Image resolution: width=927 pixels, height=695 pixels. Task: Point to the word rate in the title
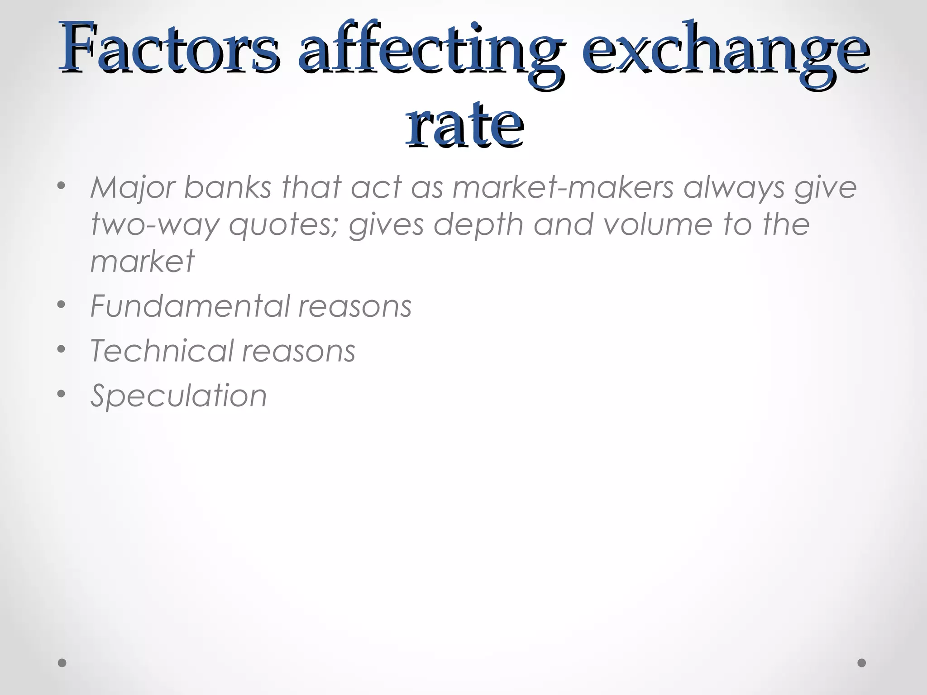(465, 124)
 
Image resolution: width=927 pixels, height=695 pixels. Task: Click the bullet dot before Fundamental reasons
(62, 305)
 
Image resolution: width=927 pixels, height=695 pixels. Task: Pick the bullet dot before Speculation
(62, 394)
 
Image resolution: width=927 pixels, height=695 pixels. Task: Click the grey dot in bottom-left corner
(62, 663)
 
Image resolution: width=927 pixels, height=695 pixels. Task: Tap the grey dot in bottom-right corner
(862, 663)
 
